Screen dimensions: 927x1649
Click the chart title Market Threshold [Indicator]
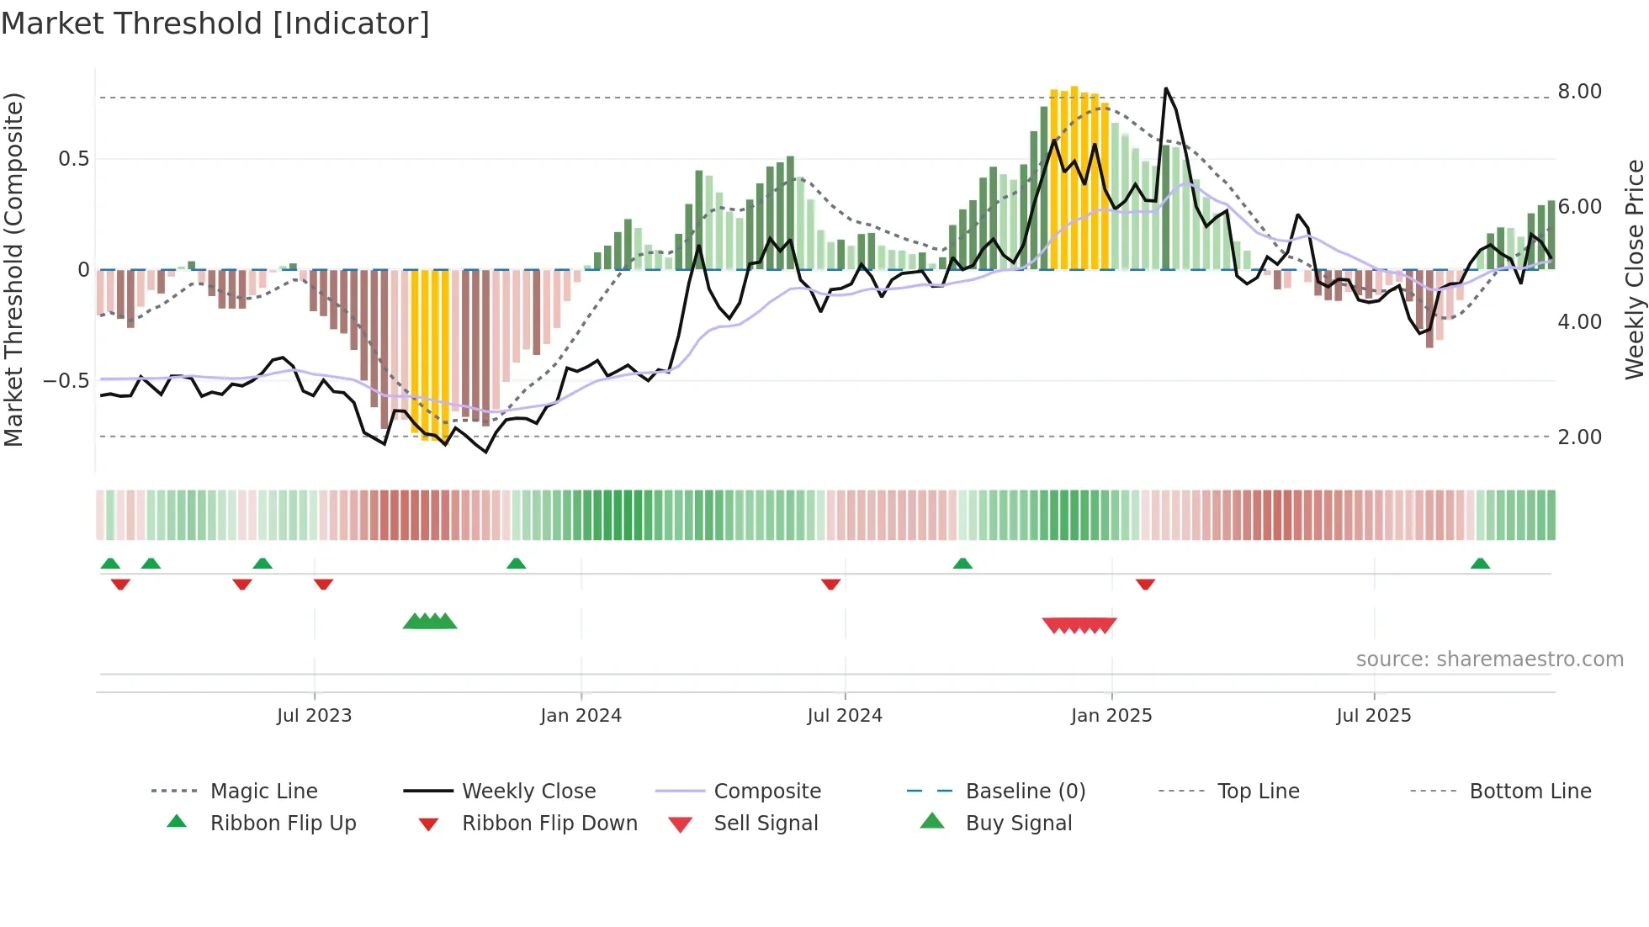215,24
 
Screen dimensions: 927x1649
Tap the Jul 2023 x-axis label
314,716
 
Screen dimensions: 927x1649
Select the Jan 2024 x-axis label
581,716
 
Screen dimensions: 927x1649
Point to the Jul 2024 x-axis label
845,716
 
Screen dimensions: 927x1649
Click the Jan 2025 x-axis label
1111,716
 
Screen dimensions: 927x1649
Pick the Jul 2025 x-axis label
1374,716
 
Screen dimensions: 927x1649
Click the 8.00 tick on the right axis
1579,92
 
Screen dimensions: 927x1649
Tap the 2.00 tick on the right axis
1579,437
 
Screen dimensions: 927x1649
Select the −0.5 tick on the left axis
66,381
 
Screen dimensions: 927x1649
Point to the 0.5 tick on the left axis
73,159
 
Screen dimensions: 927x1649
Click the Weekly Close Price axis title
1634,269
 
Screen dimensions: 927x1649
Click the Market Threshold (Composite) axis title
13,269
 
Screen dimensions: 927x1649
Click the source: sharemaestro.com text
1489,659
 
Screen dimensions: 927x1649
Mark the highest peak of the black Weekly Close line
1165,88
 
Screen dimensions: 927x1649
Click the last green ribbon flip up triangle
1480,564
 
